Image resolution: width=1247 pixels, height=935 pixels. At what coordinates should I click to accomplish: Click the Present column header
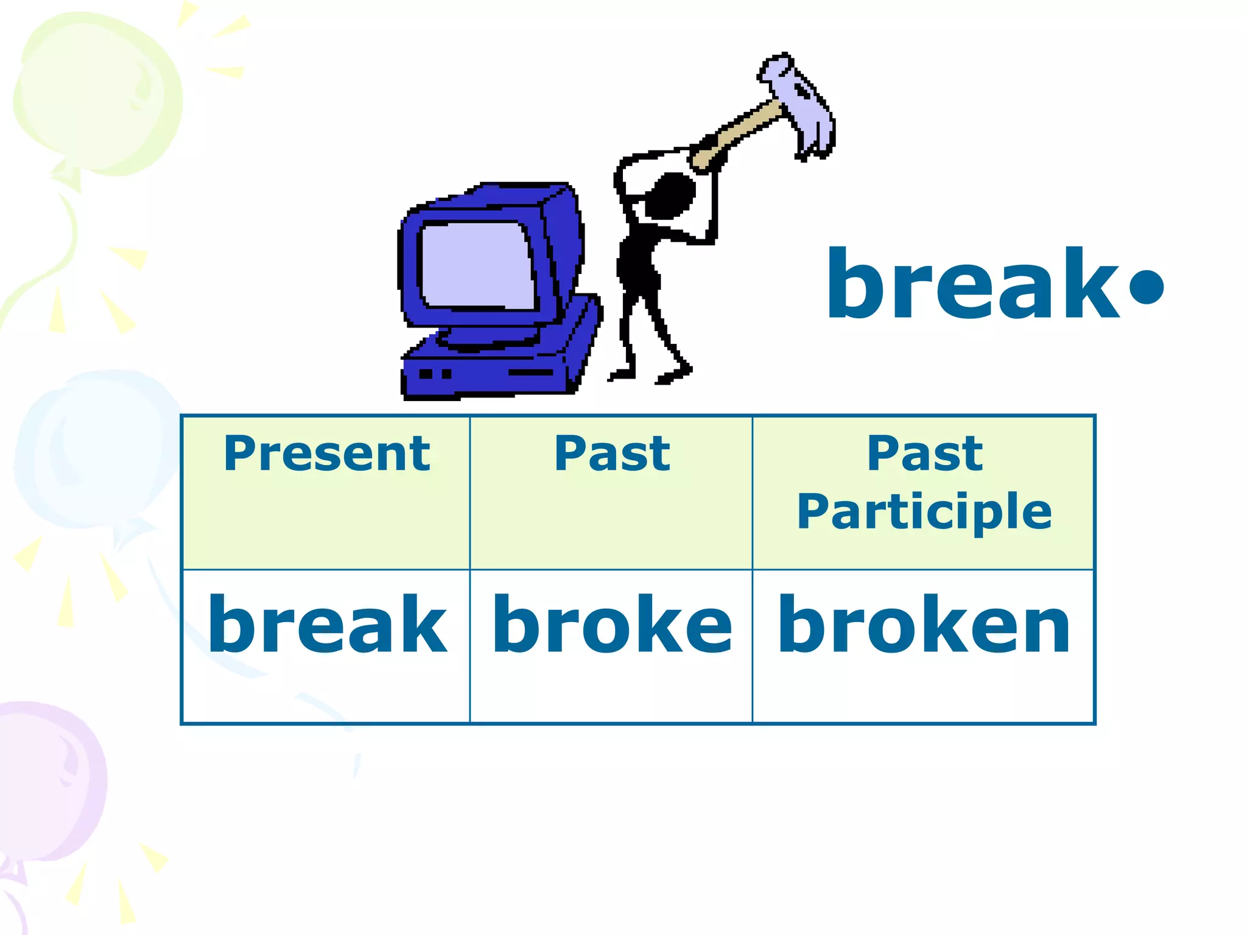[x=327, y=454]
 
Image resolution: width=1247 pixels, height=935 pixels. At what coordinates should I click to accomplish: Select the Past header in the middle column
[x=612, y=454]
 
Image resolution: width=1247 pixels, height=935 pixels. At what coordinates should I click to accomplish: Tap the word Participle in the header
[x=924, y=512]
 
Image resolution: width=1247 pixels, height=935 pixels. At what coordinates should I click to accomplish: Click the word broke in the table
[x=612, y=625]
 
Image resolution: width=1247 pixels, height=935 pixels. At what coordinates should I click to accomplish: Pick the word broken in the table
[x=924, y=625]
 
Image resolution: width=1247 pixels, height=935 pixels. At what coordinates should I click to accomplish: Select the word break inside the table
[x=327, y=625]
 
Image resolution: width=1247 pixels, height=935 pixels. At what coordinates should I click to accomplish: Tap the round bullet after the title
[x=1146, y=286]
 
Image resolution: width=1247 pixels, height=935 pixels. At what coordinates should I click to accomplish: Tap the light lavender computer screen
[x=477, y=265]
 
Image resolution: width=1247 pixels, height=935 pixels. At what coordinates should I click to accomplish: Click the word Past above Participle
[x=924, y=454]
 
